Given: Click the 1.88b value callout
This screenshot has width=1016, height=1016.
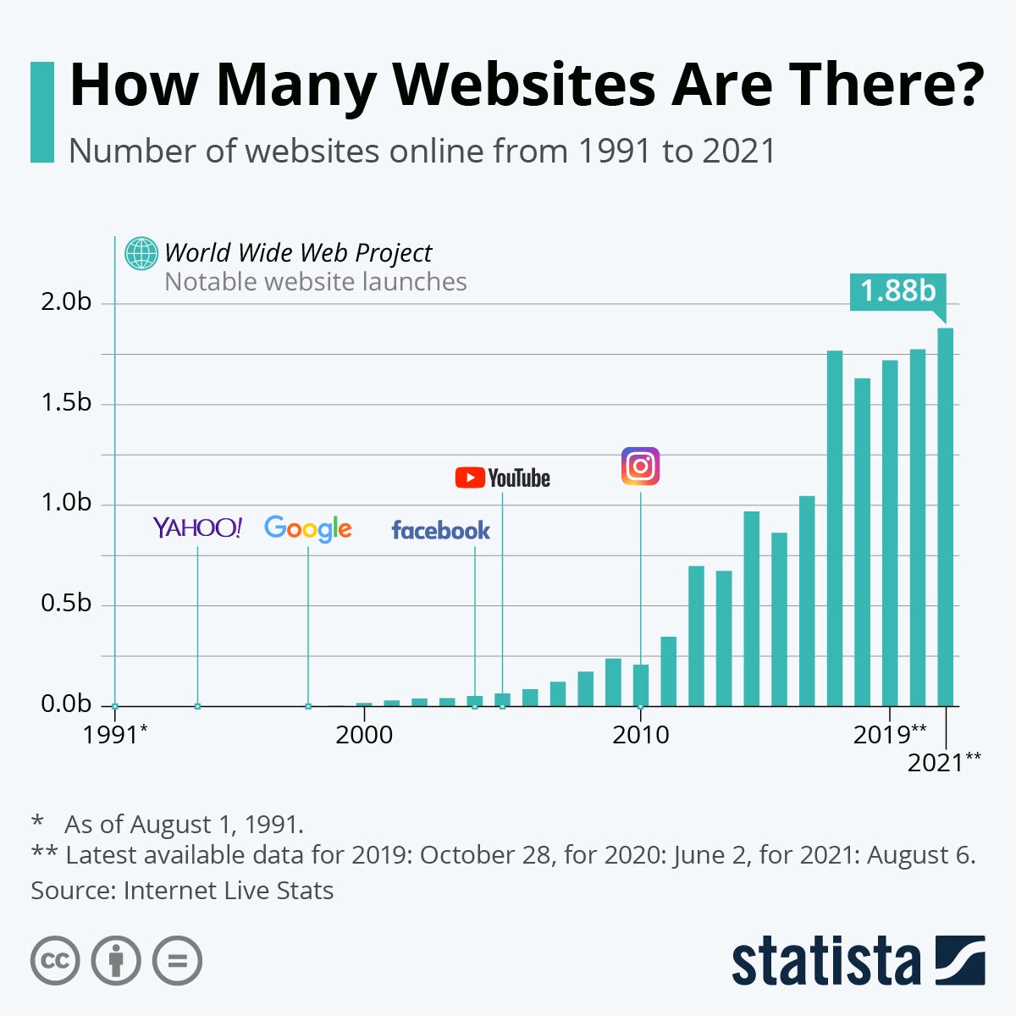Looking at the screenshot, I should coord(897,291).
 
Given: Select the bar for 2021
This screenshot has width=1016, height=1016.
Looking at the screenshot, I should coord(945,516).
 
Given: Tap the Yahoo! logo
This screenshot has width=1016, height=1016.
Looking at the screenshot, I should coord(197,527).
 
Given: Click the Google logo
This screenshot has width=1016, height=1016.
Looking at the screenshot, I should coord(307,528).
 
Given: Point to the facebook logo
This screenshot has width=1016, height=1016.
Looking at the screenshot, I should coord(440,531).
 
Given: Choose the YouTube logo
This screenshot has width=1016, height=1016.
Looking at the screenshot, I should coord(502,478).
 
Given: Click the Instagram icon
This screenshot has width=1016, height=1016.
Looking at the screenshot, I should coord(640,467).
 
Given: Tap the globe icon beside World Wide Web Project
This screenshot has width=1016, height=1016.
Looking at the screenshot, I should coord(141,253).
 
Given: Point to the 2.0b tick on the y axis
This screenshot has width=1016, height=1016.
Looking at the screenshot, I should coord(66,302).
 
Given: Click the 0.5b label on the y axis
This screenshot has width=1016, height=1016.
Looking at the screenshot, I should coord(66,604).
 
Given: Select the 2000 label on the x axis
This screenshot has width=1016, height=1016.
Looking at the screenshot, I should coord(364,734).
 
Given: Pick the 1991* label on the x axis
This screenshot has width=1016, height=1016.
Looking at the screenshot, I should coord(115,734).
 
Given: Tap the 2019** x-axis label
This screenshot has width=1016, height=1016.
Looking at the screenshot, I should coord(890,734).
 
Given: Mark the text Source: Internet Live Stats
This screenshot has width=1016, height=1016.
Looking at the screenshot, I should coord(182,891).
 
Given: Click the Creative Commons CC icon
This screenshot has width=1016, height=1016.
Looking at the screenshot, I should coord(55,961).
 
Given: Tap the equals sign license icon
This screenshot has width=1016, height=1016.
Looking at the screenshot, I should coord(178,961).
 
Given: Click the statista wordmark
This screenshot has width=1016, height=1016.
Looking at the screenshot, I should coord(825,961).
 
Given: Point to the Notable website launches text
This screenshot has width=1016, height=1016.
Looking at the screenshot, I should coord(315,282).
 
